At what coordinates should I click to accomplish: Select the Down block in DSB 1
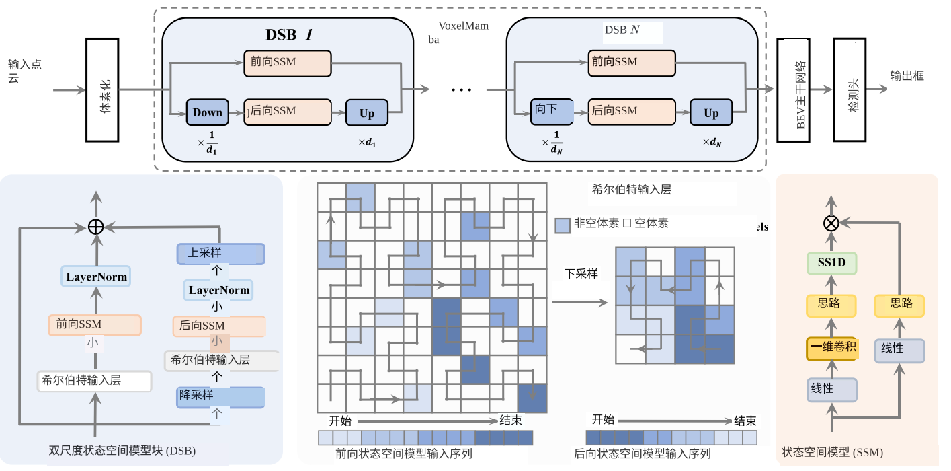[x=208, y=112]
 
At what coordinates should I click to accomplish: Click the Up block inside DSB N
[x=711, y=113]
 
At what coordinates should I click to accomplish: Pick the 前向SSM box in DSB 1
[x=288, y=63]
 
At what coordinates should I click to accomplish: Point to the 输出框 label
[x=907, y=76]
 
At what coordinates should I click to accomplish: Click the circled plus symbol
[x=95, y=227]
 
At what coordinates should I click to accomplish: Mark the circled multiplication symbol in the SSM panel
[x=831, y=223]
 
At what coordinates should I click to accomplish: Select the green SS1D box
[x=831, y=263]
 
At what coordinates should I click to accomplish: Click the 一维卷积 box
[x=832, y=348]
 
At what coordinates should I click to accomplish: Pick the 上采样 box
[x=221, y=254]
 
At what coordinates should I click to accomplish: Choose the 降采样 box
[x=221, y=396]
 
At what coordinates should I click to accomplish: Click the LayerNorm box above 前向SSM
[x=96, y=277]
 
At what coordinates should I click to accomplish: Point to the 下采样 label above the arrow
[x=581, y=274]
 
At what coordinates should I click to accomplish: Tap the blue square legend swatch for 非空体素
[x=563, y=225]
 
